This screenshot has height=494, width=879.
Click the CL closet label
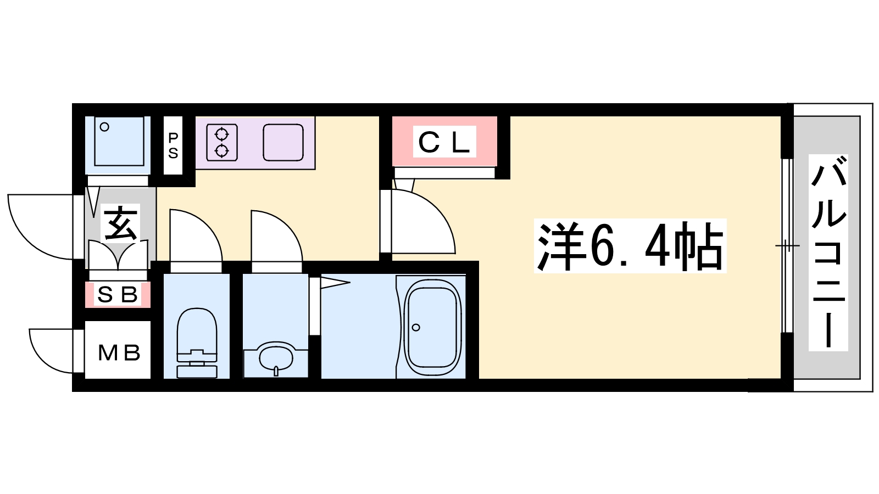444,142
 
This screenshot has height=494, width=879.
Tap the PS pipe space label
173,145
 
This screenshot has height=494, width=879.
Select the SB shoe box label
118,294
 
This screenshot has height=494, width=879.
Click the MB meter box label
119,353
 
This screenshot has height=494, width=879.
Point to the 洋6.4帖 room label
630,246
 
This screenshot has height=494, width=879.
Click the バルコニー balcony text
828,252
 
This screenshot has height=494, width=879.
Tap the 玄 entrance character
120,223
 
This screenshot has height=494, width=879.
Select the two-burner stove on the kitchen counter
222,142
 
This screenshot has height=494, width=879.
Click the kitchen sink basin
283,142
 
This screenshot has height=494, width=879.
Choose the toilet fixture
197,343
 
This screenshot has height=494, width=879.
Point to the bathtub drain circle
416,327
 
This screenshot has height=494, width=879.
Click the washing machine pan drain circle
104,127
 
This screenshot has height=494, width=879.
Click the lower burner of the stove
222,150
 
